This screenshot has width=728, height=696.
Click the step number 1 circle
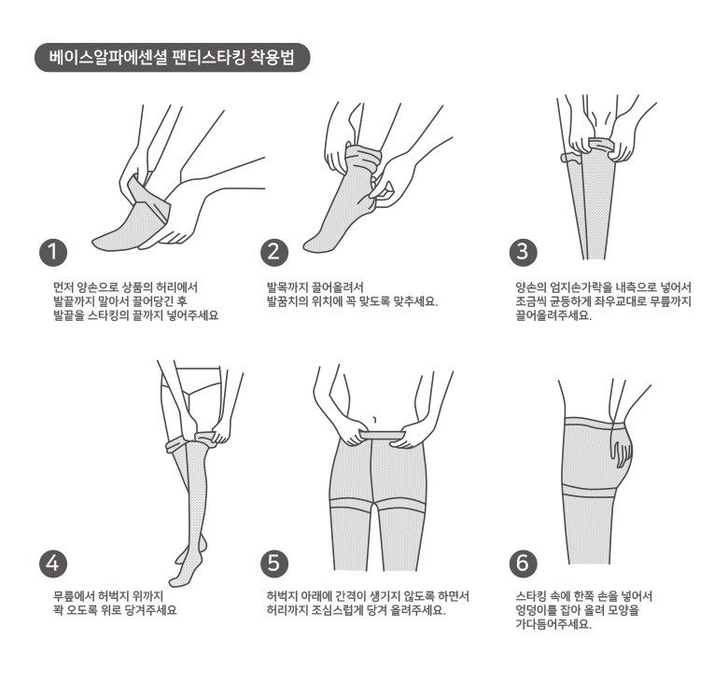pyautogui.click(x=53, y=253)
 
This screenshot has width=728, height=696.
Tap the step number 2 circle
pyautogui.click(x=274, y=253)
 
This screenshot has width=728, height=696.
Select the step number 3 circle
pyautogui.click(x=524, y=253)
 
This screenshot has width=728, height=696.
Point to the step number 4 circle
pyautogui.click(x=53, y=564)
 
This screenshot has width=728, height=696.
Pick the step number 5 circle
pyautogui.click(x=274, y=564)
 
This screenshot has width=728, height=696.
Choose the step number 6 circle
pyautogui.click(x=524, y=564)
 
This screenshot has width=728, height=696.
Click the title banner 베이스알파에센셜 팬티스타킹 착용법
pyautogui.click(x=173, y=58)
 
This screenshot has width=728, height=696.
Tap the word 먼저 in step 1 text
pyautogui.click(x=63, y=287)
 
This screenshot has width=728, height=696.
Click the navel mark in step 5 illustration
pyautogui.click(x=374, y=420)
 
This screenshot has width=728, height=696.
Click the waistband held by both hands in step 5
pyautogui.click(x=383, y=435)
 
